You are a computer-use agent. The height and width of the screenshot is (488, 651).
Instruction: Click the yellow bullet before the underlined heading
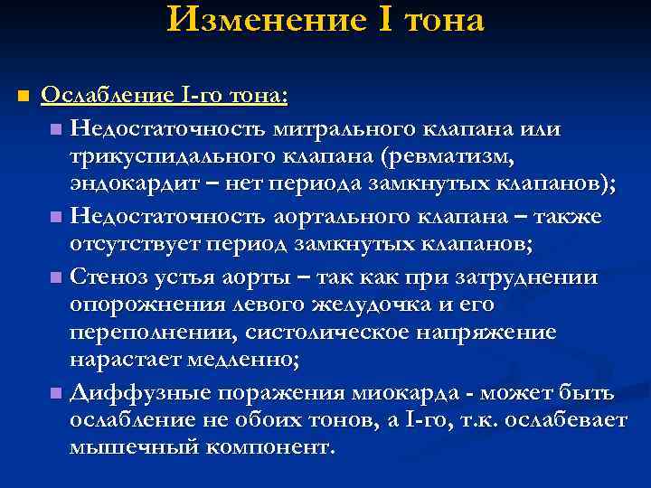(24, 96)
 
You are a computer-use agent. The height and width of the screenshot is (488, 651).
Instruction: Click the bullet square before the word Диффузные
(57, 394)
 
